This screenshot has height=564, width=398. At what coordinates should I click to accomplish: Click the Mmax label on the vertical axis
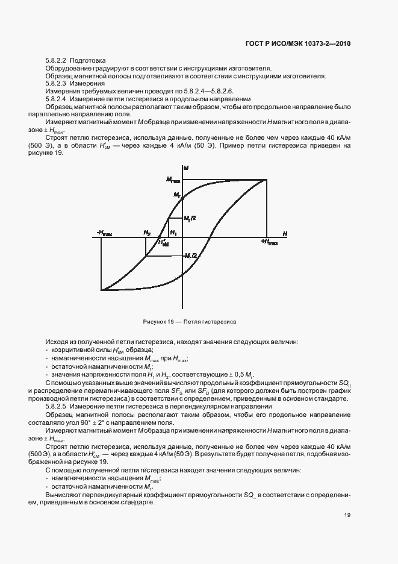tap(173, 180)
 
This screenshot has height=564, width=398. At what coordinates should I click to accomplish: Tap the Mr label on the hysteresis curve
tap(177, 195)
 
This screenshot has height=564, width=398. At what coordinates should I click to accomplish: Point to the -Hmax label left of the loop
tap(104, 233)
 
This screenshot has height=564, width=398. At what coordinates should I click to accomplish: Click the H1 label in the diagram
tap(173, 233)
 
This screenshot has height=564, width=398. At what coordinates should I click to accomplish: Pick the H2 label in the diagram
tap(146, 233)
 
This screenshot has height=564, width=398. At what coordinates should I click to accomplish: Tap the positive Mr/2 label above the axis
tap(190, 218)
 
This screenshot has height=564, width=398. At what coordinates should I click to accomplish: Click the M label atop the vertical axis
tap(187, 166)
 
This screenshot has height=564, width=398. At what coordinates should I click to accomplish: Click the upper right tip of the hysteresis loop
tap(267, 180)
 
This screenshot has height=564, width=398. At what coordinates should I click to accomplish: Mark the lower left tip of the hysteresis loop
tap(101, 290)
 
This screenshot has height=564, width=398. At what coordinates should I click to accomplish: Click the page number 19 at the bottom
tap(347, 515)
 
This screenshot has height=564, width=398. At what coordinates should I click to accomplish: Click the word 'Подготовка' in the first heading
tap(88, 60)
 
